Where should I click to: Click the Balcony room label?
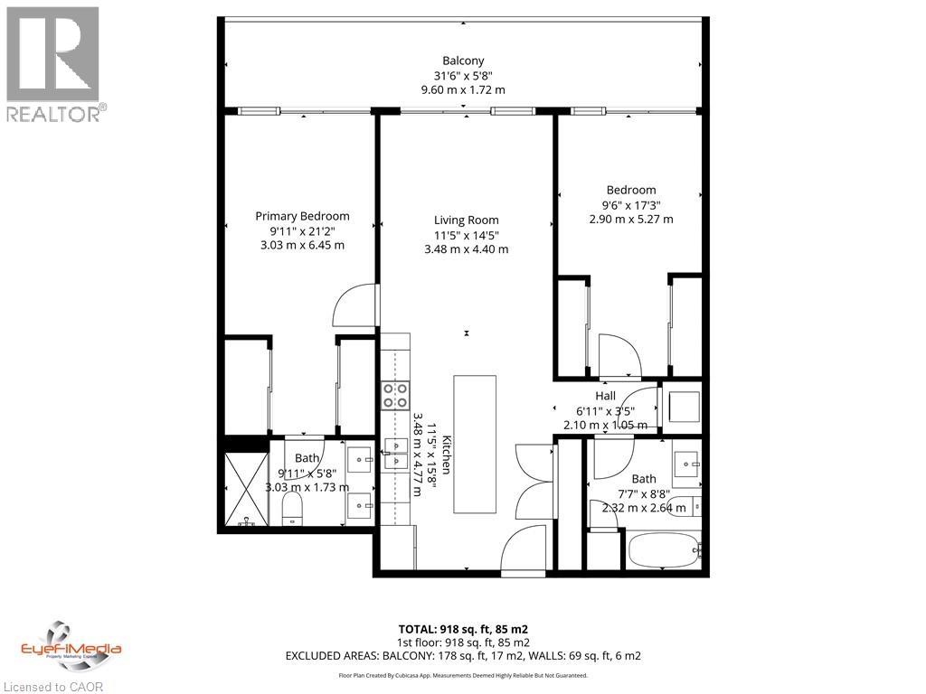pyautogui.click(x=463, y=61)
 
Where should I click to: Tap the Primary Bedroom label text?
pyautogui.click(x=302, y=216)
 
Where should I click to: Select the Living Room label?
pyautogui.click(x=466, y=220)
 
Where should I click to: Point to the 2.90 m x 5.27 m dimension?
pyautogui.click(x=630, y=220)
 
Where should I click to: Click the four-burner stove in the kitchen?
pyautogui.click(x=394, y=396)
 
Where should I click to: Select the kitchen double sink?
pyautogui.click(x=395, y=452)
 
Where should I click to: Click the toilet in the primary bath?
pyautogui.click(x=292, y=513)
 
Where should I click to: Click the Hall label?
pyautogui.click(x=605, y=396)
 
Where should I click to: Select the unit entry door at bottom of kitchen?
pyautogui.click(x=524, y=551)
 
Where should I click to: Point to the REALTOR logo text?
pyautogui.click(x=55, y=113)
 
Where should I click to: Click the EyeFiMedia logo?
pyautogui.click(x=71, y=646)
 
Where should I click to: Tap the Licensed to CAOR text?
pyautogui.click(x=53, y=686)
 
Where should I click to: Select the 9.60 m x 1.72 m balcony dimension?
pyautogui.click(x=463, y=89)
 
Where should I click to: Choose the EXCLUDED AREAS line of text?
pyautogui.click(x=463, y=655)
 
